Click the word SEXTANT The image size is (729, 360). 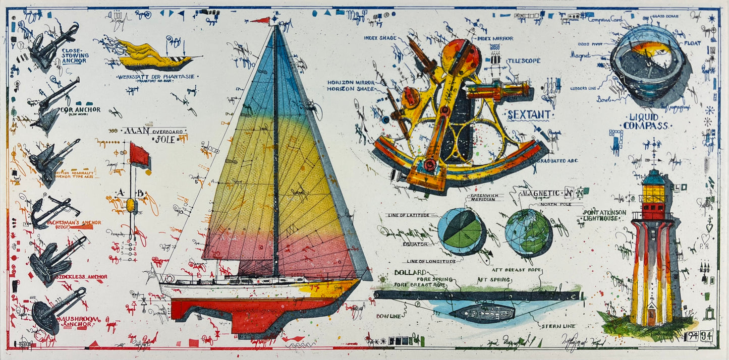tap(529, 114)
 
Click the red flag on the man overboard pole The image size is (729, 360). tap(139, 154)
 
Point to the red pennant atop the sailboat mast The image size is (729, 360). tap(261, 20)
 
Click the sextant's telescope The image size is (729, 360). tap(497, 91)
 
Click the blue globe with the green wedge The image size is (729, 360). tap(460, 230)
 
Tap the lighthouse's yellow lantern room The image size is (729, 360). tap(653, 193)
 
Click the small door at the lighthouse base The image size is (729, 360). tap(652, 317)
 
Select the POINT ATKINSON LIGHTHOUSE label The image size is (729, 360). tap(604, 215)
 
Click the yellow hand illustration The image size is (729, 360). tap(151, 56)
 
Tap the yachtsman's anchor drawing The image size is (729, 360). tap(50, 212)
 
